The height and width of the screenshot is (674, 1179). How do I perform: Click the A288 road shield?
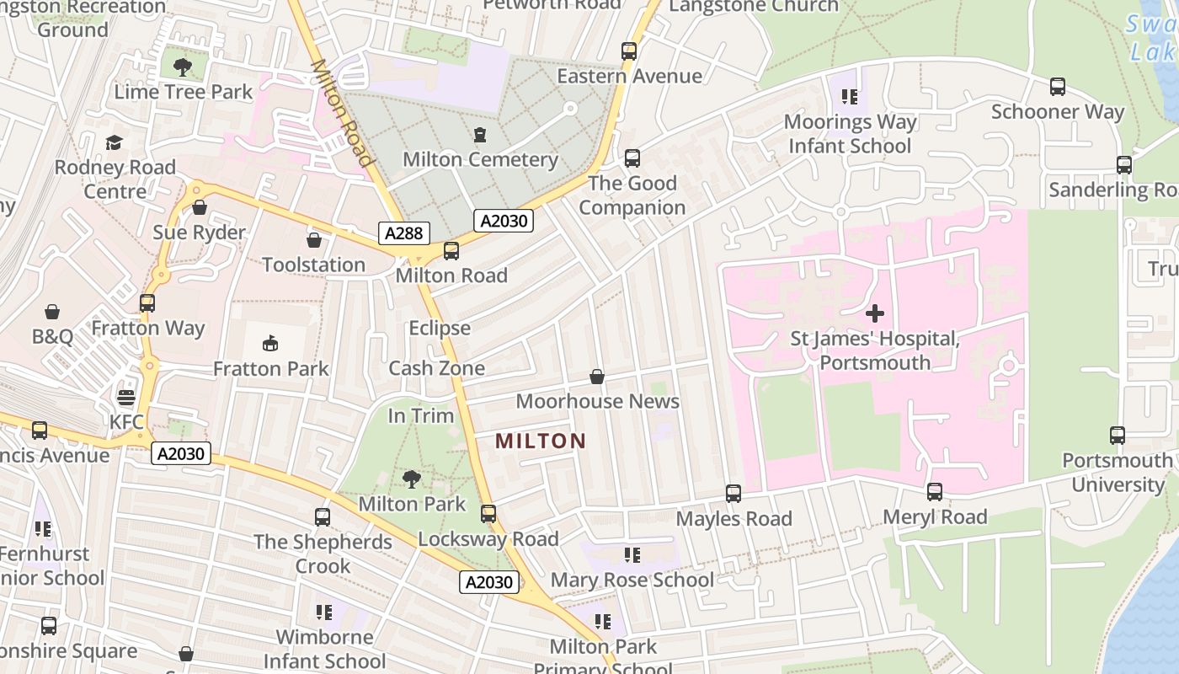pos(404,233)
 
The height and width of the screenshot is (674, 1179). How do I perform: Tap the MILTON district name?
pos(541,441)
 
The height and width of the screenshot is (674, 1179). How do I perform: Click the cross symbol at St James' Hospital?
pos(875,313)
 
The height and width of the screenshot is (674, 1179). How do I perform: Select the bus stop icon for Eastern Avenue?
pos(629,51)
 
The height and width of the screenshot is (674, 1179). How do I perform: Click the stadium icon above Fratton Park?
pos(270,343)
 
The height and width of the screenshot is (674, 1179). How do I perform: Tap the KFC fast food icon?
pos(126,397)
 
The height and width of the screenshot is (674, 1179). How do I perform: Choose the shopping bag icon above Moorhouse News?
pos(597,376)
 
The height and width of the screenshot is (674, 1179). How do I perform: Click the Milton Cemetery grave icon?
pos(480,135)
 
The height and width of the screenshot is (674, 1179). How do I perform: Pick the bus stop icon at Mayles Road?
pos(734,494)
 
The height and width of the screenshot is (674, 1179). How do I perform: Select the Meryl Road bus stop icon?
pos(935,492)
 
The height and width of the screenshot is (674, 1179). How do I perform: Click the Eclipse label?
pos(440,328)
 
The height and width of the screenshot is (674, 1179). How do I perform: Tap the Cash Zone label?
pos(436,368)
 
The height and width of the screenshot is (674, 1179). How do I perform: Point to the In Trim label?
pos(420,415)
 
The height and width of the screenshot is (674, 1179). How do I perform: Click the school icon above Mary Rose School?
pos(632,554)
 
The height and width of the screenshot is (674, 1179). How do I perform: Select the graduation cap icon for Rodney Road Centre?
pos(115,142)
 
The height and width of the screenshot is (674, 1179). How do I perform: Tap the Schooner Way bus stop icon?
pos(1058,87)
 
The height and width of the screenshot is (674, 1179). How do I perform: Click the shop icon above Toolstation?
pos(314,240)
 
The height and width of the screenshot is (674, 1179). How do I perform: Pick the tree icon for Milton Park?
pos(412,479)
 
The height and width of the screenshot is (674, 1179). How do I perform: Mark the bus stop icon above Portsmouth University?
pos(1118,436)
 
